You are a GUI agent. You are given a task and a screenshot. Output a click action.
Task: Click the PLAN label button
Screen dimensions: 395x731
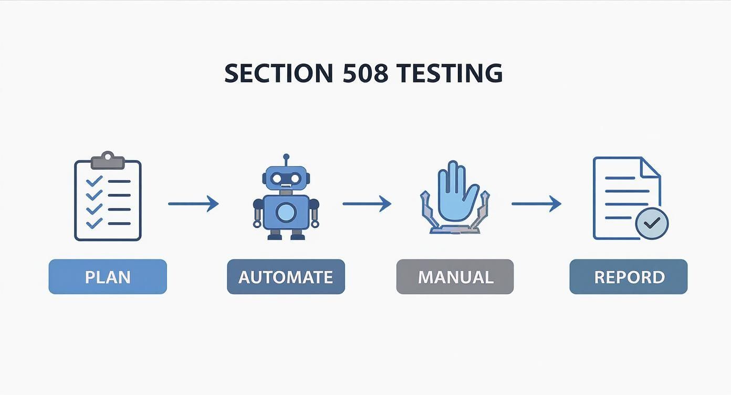point(108,277)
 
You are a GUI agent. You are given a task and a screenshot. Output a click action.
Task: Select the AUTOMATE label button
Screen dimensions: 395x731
point(286,277)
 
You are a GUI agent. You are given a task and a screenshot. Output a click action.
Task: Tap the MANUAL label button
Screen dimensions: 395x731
point(455,277)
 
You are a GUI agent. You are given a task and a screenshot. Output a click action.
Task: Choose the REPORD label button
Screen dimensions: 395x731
point(629,277)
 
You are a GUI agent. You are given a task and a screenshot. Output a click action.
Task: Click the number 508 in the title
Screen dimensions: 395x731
point(365,73)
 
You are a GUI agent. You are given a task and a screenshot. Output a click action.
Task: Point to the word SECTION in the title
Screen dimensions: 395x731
point(279,73)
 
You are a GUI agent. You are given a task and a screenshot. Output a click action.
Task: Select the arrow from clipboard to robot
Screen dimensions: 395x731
point(193,203)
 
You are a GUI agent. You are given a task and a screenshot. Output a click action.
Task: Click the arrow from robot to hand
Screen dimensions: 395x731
point(367,203)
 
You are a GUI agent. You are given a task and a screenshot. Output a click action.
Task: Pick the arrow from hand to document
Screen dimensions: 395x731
point(536,203)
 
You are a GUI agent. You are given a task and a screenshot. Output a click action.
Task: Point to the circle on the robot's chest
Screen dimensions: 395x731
point(286,212)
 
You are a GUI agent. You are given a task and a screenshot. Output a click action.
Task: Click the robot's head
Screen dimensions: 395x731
point(286,179)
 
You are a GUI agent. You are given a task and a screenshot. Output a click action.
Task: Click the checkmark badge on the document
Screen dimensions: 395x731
point(652,224)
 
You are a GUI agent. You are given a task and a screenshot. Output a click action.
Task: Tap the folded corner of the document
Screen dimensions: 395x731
point(651,168)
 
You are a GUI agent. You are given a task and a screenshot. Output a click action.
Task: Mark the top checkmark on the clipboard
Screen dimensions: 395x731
point(94,181)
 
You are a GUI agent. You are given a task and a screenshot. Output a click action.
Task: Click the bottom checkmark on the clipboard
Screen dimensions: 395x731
point(94,223)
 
